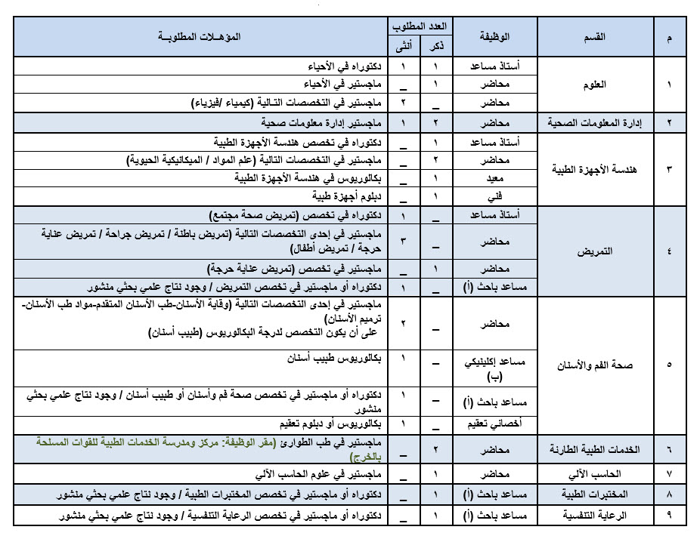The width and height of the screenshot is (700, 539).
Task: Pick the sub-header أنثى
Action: (x=403, y=48)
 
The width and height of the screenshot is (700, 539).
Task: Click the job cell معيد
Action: (x=495, y=178)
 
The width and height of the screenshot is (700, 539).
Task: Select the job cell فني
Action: (x=495, y=196)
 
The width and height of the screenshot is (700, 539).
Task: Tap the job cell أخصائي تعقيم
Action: (x=495, y=423)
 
